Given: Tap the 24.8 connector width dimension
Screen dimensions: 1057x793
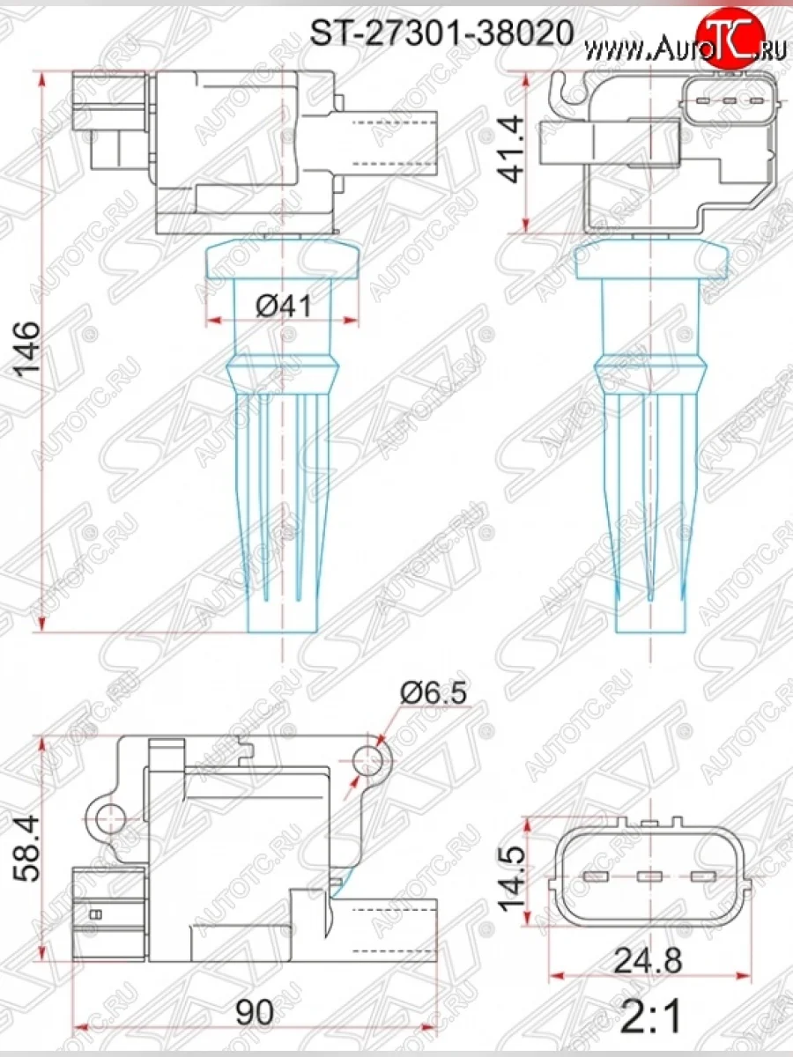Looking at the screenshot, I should point(649,960).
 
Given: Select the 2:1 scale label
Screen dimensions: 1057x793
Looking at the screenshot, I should point(649,1017).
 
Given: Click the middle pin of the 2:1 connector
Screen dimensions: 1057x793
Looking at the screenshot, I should point(650,876).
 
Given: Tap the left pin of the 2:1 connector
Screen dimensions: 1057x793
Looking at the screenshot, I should point(597,876).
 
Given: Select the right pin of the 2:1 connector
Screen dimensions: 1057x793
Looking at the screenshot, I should point(703,876).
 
